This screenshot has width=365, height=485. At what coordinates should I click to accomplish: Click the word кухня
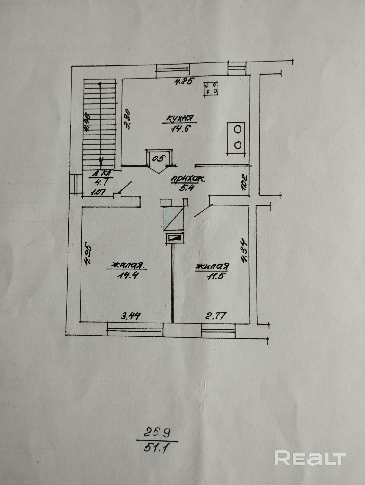180,119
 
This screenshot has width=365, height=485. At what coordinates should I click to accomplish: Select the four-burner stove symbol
210,88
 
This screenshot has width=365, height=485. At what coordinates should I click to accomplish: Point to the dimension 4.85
184,81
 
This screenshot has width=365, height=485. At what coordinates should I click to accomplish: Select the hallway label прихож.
188,179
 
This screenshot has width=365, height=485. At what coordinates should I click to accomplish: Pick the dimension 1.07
98,192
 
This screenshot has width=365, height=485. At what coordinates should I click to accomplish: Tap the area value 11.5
212,276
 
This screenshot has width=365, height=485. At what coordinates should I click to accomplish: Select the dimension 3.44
131,316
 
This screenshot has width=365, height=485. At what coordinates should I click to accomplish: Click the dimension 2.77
216,316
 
